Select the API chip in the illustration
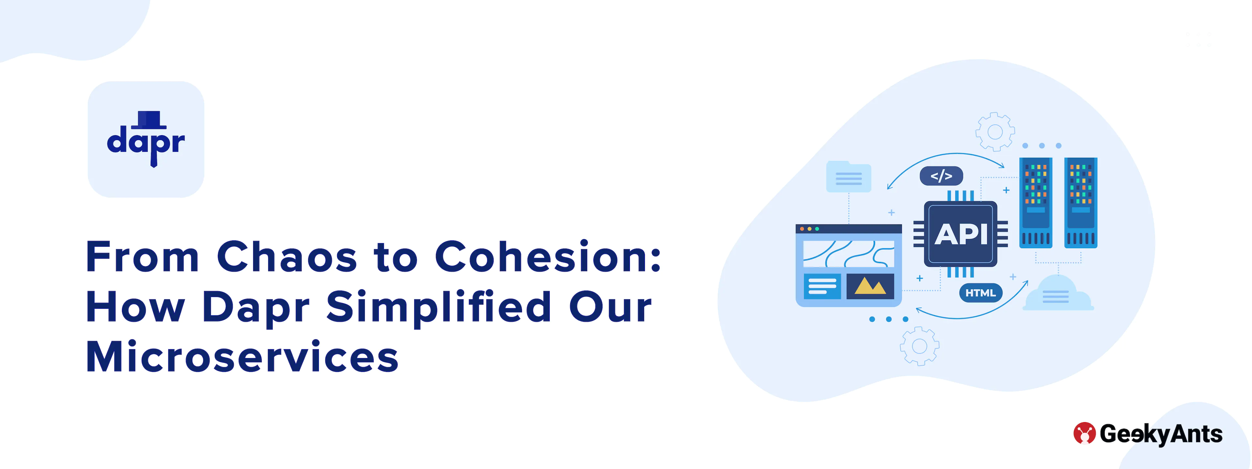pyautogui.click(x=961, y=234)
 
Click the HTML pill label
pyautogui.click(x=980, y=293)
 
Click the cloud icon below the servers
pyautogui.click(x=1058, y=293)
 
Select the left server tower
pyautogui.click(x=1036, y=203)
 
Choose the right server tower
pyautogui.click(x=1081, y=203)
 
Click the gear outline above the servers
pyautogui.click(x=995, y=132)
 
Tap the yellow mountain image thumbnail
pyautogui.click(x=870, y=287)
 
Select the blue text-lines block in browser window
pyautogui.click(x=822, y=287)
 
